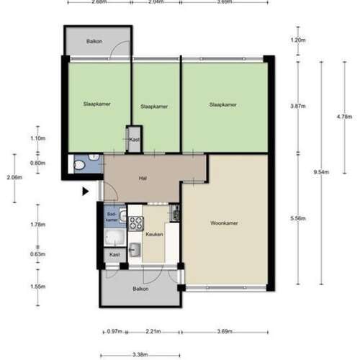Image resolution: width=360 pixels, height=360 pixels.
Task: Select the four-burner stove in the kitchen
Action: coord(174,213)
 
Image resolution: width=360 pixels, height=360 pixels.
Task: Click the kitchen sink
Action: coord(135,250)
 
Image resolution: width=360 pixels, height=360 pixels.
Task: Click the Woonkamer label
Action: coord(225,223)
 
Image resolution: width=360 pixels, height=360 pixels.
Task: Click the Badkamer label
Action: coord(112,216)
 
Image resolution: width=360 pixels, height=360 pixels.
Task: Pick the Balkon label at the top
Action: coord(94,41)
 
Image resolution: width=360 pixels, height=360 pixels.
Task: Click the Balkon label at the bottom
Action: coord(141,289)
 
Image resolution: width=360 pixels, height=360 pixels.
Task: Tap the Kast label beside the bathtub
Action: coord(114,255)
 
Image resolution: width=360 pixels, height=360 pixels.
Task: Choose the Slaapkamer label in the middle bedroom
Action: coord(153,106)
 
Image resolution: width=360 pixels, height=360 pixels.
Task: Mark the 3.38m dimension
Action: coord(140,354)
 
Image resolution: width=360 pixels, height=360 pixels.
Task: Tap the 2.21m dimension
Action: coord(153,331)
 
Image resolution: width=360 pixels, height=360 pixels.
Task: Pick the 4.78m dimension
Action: coord(345,115)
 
